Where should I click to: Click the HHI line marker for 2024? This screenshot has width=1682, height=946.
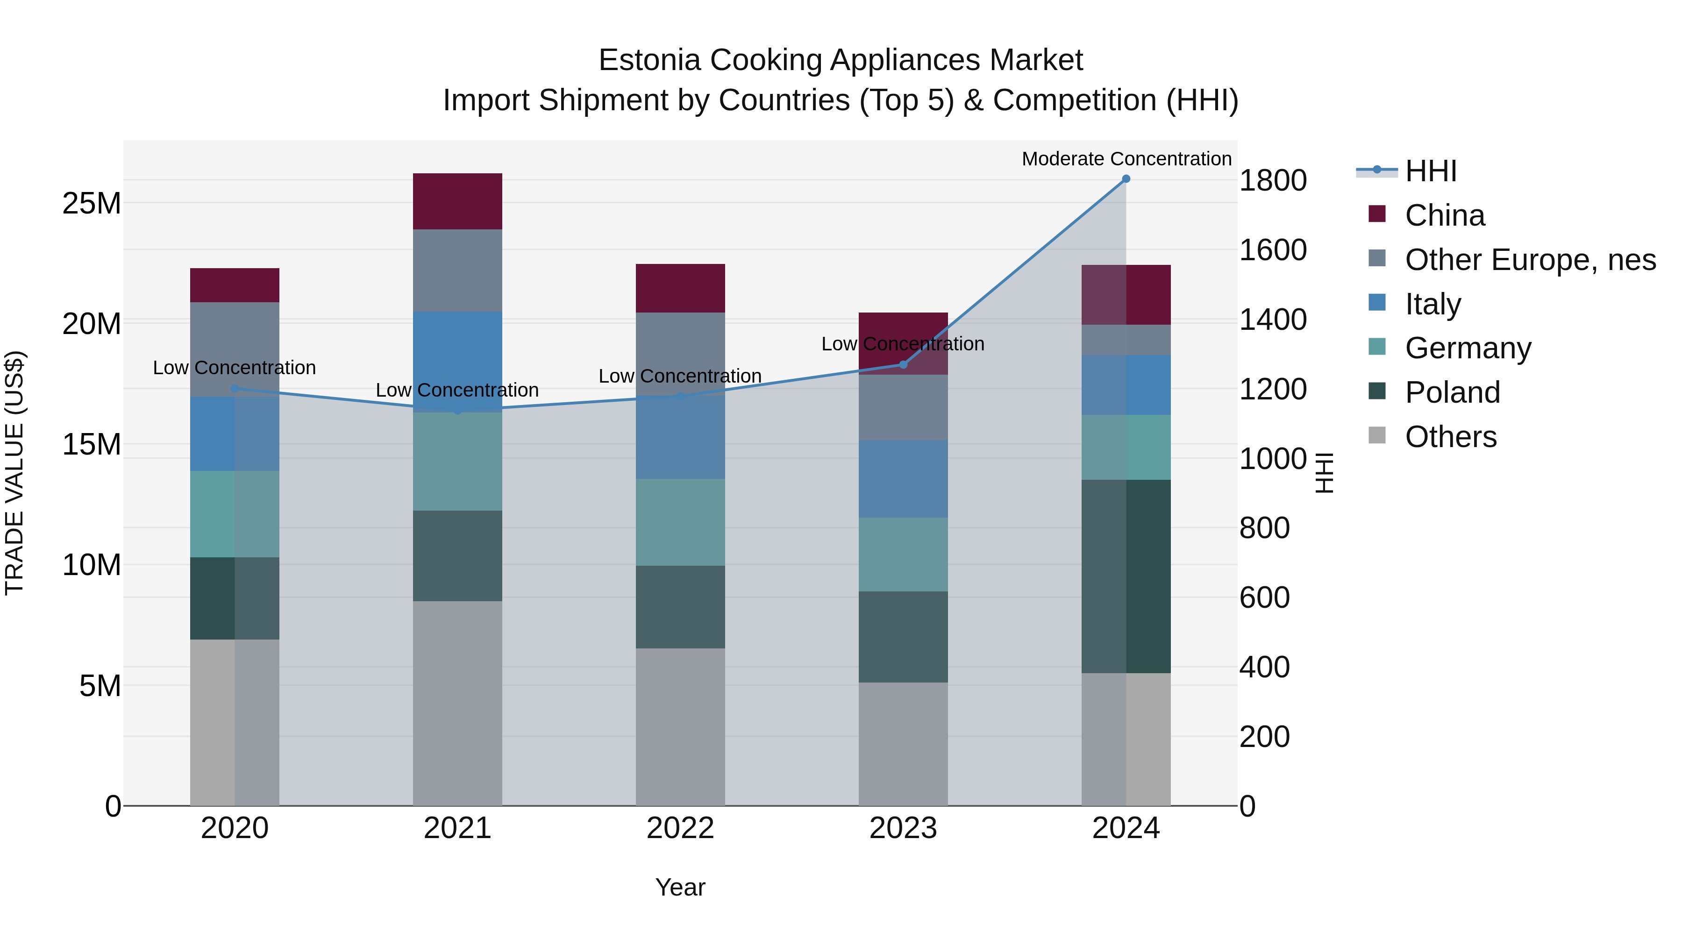tap(1126, 179)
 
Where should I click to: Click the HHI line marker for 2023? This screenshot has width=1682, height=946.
tap(903, 365)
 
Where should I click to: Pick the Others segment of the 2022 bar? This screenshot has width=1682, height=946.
tap(680, 726)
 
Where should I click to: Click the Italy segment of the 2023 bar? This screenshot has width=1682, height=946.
tap(903, 478)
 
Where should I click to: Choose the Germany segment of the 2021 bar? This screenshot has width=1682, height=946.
tap(457, 461)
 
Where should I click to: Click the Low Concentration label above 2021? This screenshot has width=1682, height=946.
tap(457, 391)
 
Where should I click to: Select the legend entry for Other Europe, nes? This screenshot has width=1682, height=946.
tap(1529, 260)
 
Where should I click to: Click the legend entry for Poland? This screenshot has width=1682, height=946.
tap(1452, 392)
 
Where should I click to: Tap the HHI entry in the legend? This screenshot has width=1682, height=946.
tap(1430, 171)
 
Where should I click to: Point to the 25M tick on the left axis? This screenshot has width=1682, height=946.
tap(92, 203)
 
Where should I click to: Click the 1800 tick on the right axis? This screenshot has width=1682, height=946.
tap(1272, 180)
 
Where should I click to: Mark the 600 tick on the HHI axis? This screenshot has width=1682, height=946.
tap(1264, 597)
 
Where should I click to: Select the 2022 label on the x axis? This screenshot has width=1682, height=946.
tap(680, 828)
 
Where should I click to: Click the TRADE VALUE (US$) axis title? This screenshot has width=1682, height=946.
tap(15, 473)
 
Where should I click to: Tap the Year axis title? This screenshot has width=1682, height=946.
tap(680, 887)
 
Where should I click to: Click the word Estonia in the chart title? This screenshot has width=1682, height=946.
tap(650, 60)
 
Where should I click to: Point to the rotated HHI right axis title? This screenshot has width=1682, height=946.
tap(1324, 473)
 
